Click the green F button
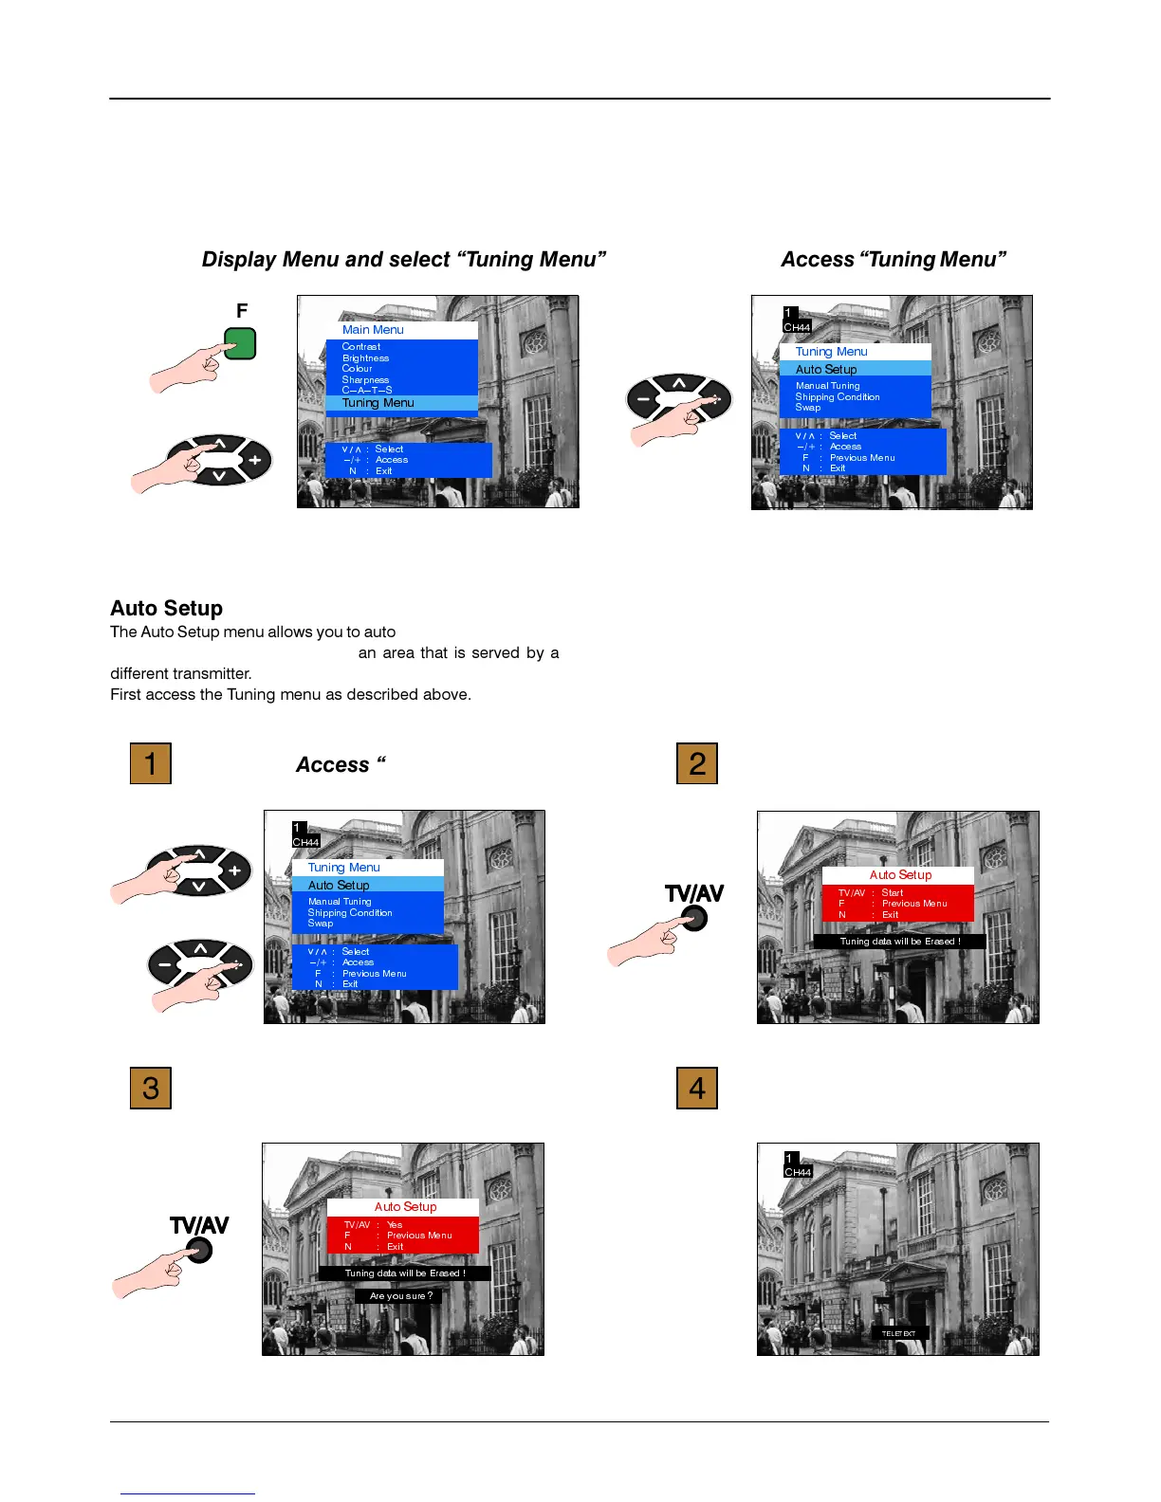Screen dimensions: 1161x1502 pos(241,343)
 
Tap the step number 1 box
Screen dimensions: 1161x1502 pos(151,763)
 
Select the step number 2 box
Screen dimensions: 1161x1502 pos(697,763)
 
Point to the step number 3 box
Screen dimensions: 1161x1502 pos(151,1088)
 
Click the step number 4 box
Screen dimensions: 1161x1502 pos(697,1088)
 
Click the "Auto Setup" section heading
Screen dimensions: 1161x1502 pos(167,608)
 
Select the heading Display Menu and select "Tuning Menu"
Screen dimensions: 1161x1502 pos(403,260)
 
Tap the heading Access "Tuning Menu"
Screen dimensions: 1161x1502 pos(893,260)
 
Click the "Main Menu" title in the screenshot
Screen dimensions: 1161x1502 pos(373,330)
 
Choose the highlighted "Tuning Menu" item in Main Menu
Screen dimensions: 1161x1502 pos(378,403)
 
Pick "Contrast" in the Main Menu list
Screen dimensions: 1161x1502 pos(361,347)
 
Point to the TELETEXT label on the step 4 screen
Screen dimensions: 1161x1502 pos(899,1333)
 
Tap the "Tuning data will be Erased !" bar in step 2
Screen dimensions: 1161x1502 pos(900,942)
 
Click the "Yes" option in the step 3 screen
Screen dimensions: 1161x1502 pos(395,1225)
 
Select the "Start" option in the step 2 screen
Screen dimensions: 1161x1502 pos(893,893)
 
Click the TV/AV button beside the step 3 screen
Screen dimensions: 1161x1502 pos(199,1251)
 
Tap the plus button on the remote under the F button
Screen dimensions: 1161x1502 pos(254,461)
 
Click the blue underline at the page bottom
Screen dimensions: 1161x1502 pos(188,1493)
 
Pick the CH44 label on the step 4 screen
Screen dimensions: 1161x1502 pos(798,1173)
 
